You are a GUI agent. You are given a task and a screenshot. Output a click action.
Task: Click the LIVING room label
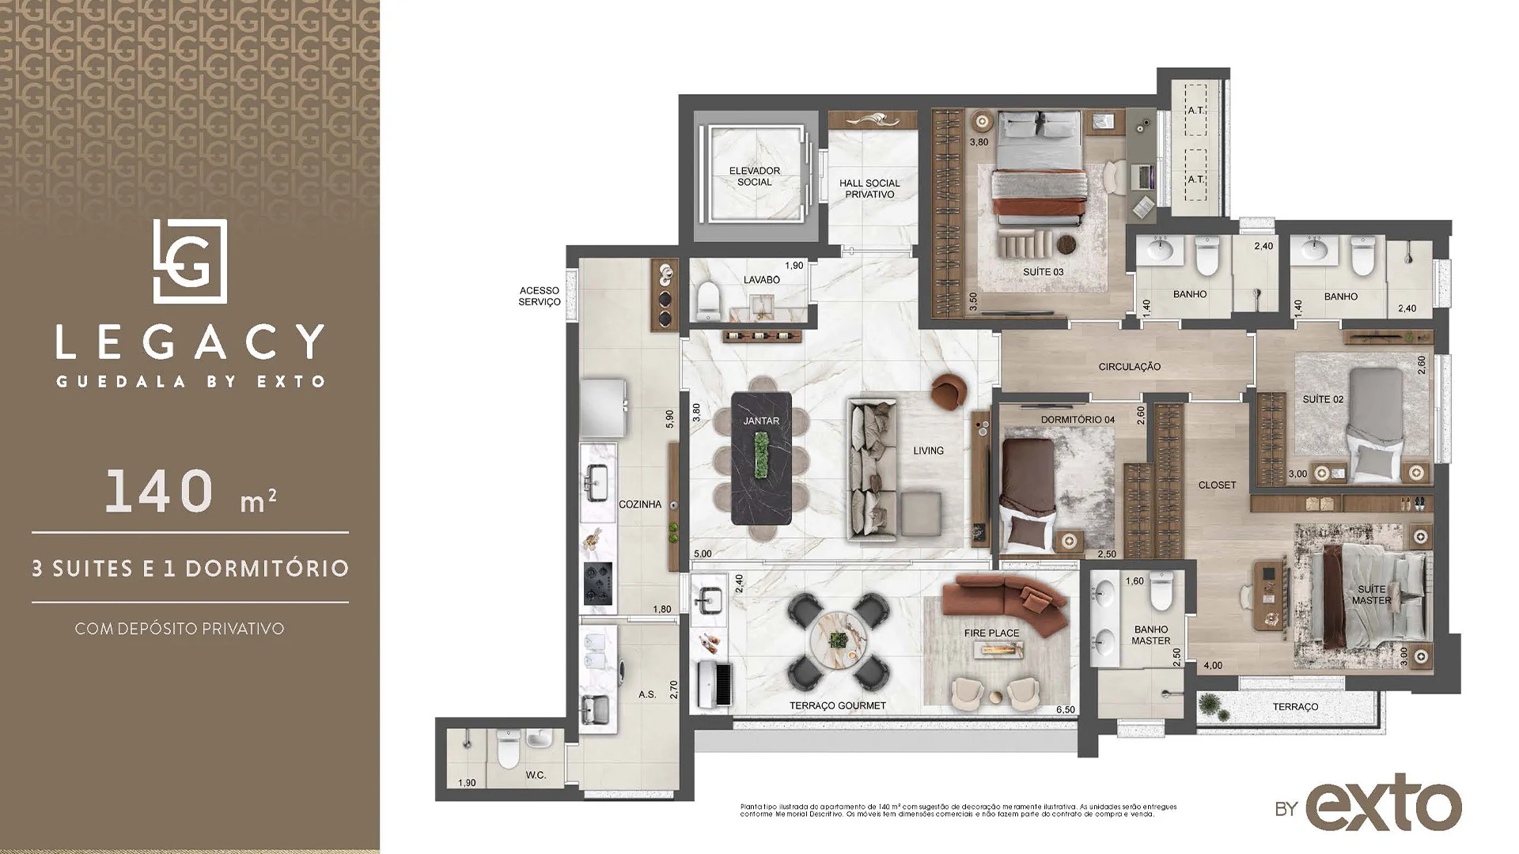pyautogui.click(x=928, y=451)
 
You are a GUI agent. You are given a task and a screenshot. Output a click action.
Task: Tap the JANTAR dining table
pyautogui.click(x=761, y=459)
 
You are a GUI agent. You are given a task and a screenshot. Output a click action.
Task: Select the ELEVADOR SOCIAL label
pyautogui.click(x=754, y=176)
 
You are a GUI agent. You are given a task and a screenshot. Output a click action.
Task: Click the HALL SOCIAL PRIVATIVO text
pyautogui.click(x=869, y=188)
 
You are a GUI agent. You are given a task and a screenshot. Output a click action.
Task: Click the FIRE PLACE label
pyautogui.click(x=991, y=633)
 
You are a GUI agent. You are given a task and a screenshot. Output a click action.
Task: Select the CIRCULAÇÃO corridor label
pyautogui.click(x=1129, y=367)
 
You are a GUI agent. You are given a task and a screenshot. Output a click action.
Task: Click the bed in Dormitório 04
pyautogui.click(x=1028, y=494)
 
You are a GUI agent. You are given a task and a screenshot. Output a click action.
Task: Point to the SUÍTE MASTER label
pyautogui.click(x=1371, y=595)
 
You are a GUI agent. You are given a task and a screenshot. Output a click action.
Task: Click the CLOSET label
pyautogui.click(x=1217, y=486)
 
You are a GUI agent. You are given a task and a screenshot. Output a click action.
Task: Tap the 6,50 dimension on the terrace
pyautogui.click(x=1065, y=710)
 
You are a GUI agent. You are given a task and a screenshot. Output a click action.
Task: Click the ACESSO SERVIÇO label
pyautogui.click(x=540, y=297)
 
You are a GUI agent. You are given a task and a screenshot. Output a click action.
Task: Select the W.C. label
pyautogui.click(x=536, y=775)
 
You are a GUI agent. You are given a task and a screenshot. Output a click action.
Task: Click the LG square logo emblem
pyautogui.click(x=190, y=262)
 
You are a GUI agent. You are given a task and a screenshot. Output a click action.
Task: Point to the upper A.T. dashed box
pyautogui.click(x=1195, y=111)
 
